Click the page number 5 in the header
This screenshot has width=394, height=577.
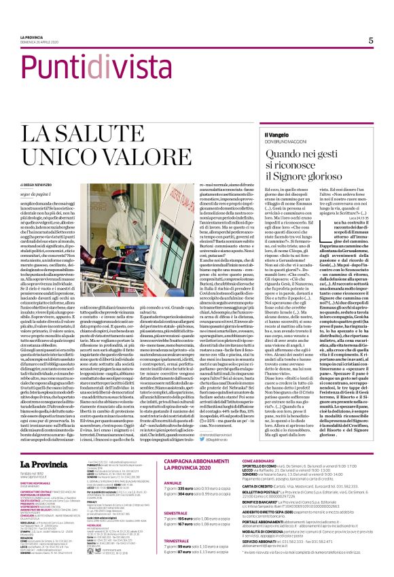(371, 40)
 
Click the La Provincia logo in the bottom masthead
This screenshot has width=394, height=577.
(46, 446)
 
